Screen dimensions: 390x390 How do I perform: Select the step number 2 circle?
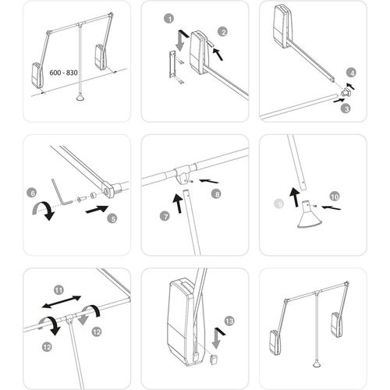point(222,31)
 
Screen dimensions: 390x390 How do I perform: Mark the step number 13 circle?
point(228,320)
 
